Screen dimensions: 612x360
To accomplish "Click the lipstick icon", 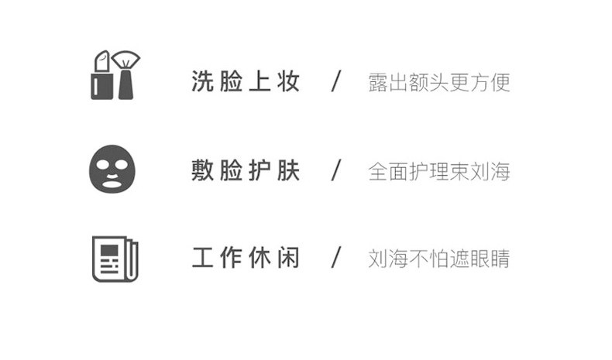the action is (x=101, y=76).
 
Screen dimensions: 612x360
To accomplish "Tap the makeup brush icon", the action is (x=125, y=75).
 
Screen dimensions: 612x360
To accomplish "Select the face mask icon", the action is (x=112, y=170).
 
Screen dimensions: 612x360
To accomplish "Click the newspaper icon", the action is (x=115, y=259).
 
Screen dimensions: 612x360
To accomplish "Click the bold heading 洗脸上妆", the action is (x=246, y=82).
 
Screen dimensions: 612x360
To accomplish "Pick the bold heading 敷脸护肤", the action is (x=246, y=170).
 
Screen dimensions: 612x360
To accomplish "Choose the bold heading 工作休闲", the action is (x=246, y=259).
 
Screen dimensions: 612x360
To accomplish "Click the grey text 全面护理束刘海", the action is (x=439, y=171).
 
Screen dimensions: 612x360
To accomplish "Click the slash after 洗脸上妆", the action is (x=336, y=82).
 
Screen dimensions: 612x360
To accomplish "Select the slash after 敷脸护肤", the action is (x=336, y=170).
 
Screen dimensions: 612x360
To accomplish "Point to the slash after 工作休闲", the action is (x=336, y=259).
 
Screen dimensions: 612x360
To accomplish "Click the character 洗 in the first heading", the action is (x=202, y=82).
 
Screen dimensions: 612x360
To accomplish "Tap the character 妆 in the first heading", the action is (x=289, y=82).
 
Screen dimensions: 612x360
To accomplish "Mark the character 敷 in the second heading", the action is (x=202, y=170).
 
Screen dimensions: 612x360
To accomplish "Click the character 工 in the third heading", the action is (x=202, y=259).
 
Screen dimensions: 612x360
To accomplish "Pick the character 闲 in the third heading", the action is (x=289, y=259).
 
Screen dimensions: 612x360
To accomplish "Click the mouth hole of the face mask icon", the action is (x=112, y=183).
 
